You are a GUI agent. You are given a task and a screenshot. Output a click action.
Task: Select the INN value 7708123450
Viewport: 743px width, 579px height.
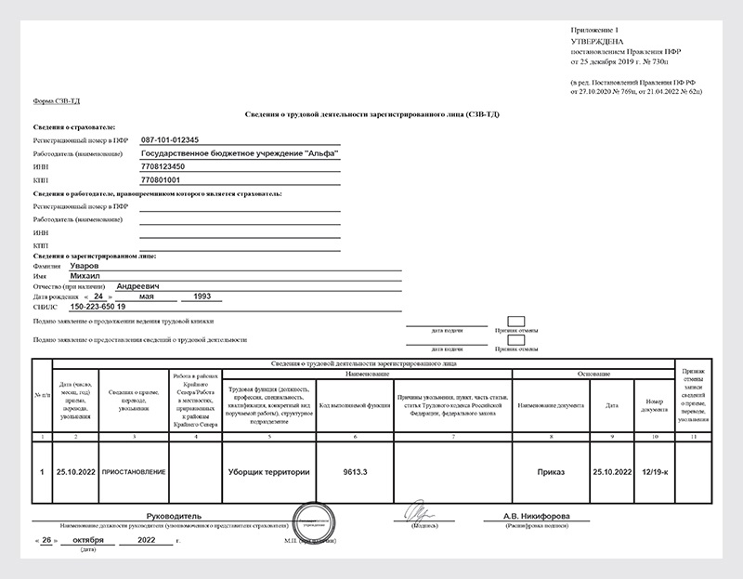coord(163,165)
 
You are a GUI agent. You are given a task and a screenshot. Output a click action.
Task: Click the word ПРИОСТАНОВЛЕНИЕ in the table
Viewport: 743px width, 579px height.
coord(135,472)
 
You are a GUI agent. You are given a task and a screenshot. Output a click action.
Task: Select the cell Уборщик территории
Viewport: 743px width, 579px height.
coord(268,472)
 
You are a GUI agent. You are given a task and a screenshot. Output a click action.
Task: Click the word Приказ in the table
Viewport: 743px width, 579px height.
coord(550,472)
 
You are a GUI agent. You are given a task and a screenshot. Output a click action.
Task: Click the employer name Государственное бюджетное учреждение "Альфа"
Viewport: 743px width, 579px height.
coord(239,151)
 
